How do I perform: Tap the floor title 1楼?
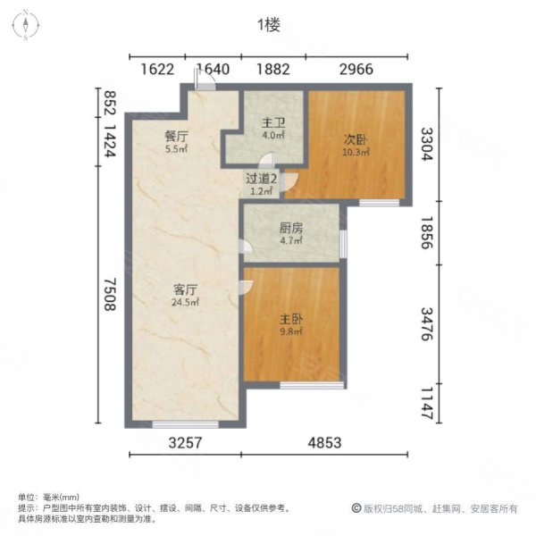pos(268,25)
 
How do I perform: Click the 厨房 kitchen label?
pos(287,227)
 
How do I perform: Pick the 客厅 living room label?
pos(186,289)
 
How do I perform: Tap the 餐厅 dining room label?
pos(175,137)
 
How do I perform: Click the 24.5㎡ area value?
pos(186,302)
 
